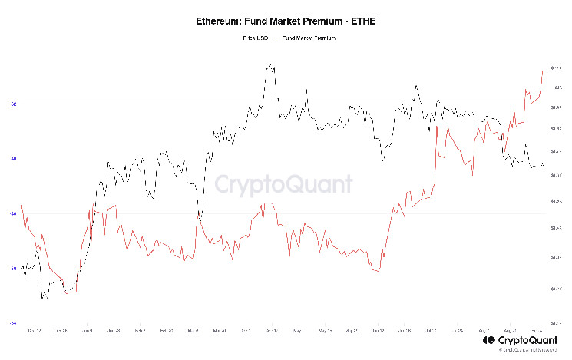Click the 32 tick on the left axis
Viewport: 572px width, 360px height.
click(x=13, y=104)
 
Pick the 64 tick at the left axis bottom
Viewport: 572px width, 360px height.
click(x=13, y=323)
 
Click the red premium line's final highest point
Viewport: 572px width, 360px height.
click(x=543, y=70)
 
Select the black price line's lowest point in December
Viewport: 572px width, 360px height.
click(x=44, y=298)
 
